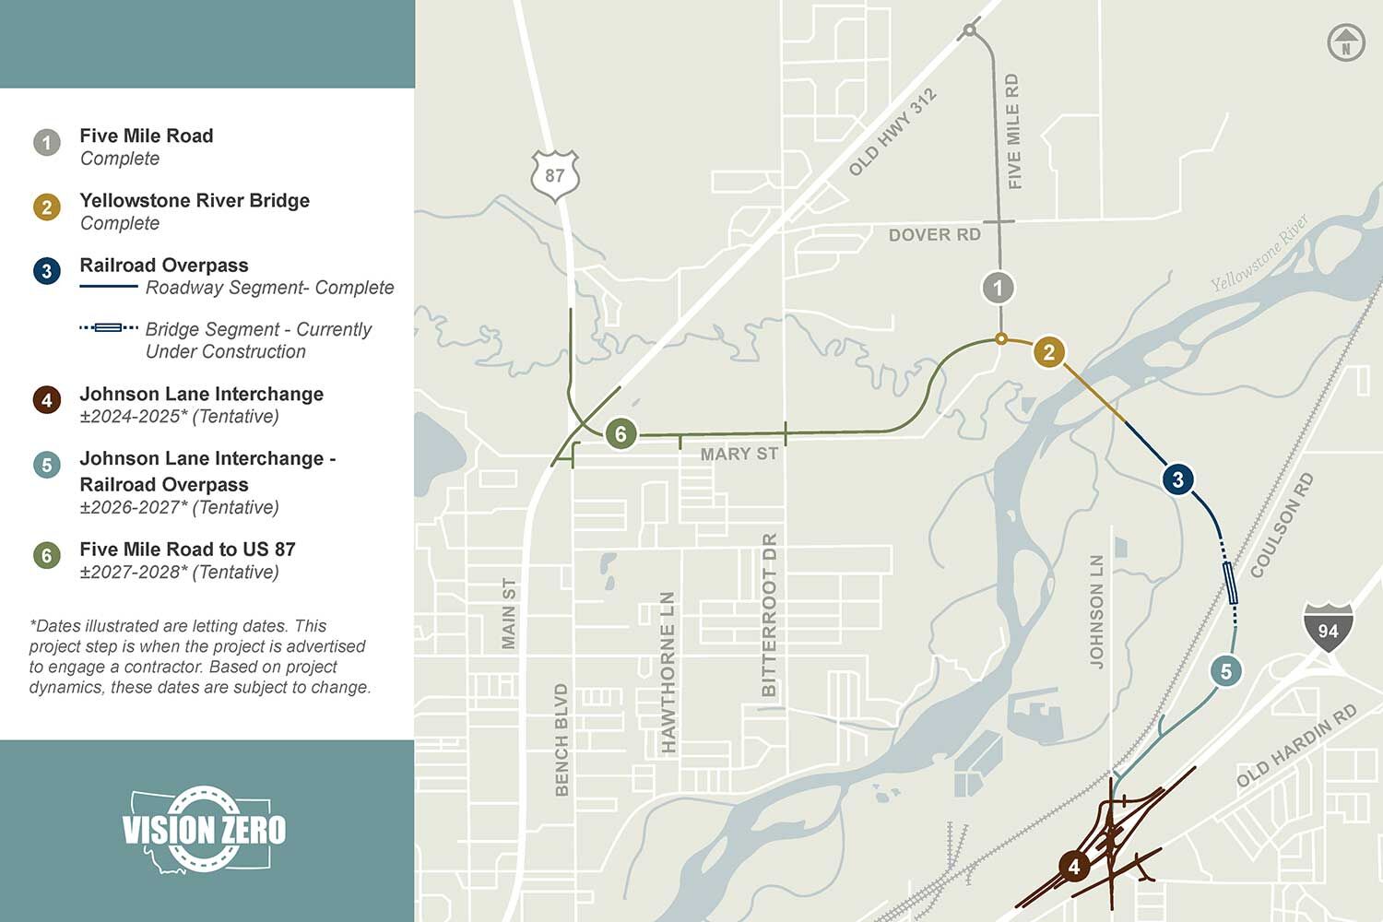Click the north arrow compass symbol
(1346, 43)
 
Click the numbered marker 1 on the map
(998, 288)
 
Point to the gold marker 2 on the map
(1048, 351)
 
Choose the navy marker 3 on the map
(1177, 479)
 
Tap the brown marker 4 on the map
(1074, 867)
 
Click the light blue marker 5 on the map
(1226, 671)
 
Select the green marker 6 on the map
(621, 433)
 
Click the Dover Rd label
(934, 235)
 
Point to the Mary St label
(739, 455)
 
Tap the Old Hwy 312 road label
(892, 132)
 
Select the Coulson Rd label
(1282, 526)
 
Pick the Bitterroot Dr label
(769, 614)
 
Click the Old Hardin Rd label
(1296, 745)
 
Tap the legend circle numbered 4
(47, 400)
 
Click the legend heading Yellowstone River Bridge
(195, 200)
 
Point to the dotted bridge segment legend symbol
(109, 327)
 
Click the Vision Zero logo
(204, 829)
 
